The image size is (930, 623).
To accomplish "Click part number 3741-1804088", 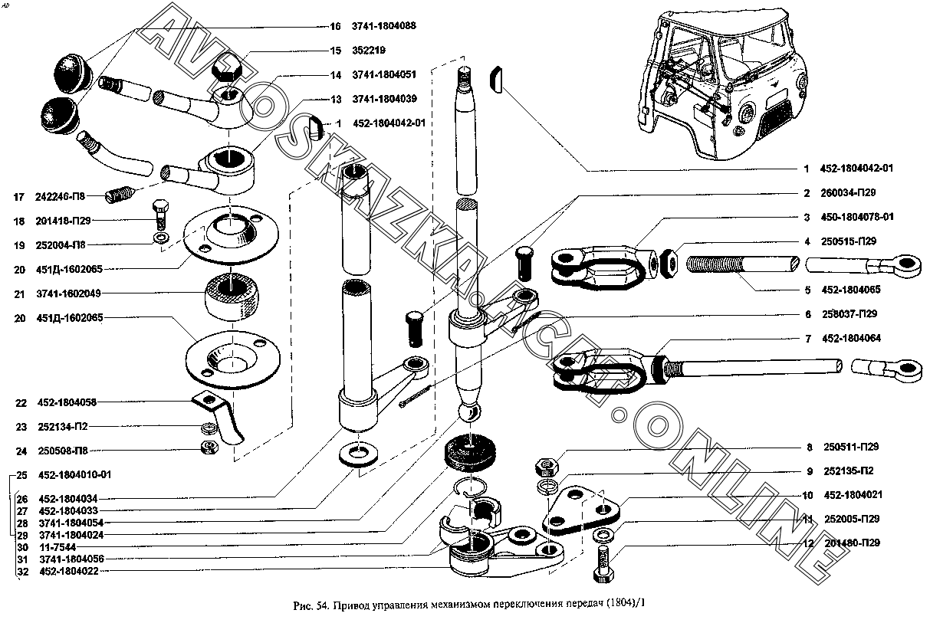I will coord(384,26).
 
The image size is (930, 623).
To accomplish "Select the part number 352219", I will coord(369,51).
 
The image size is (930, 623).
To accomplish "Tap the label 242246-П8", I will coord(69,197).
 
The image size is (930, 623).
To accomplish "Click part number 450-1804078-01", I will coord(859,217).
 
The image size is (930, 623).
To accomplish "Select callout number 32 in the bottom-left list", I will coord(21,571).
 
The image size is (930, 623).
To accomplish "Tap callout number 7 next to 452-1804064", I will coord(807,338).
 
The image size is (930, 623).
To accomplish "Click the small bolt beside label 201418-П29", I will coord(161,216).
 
